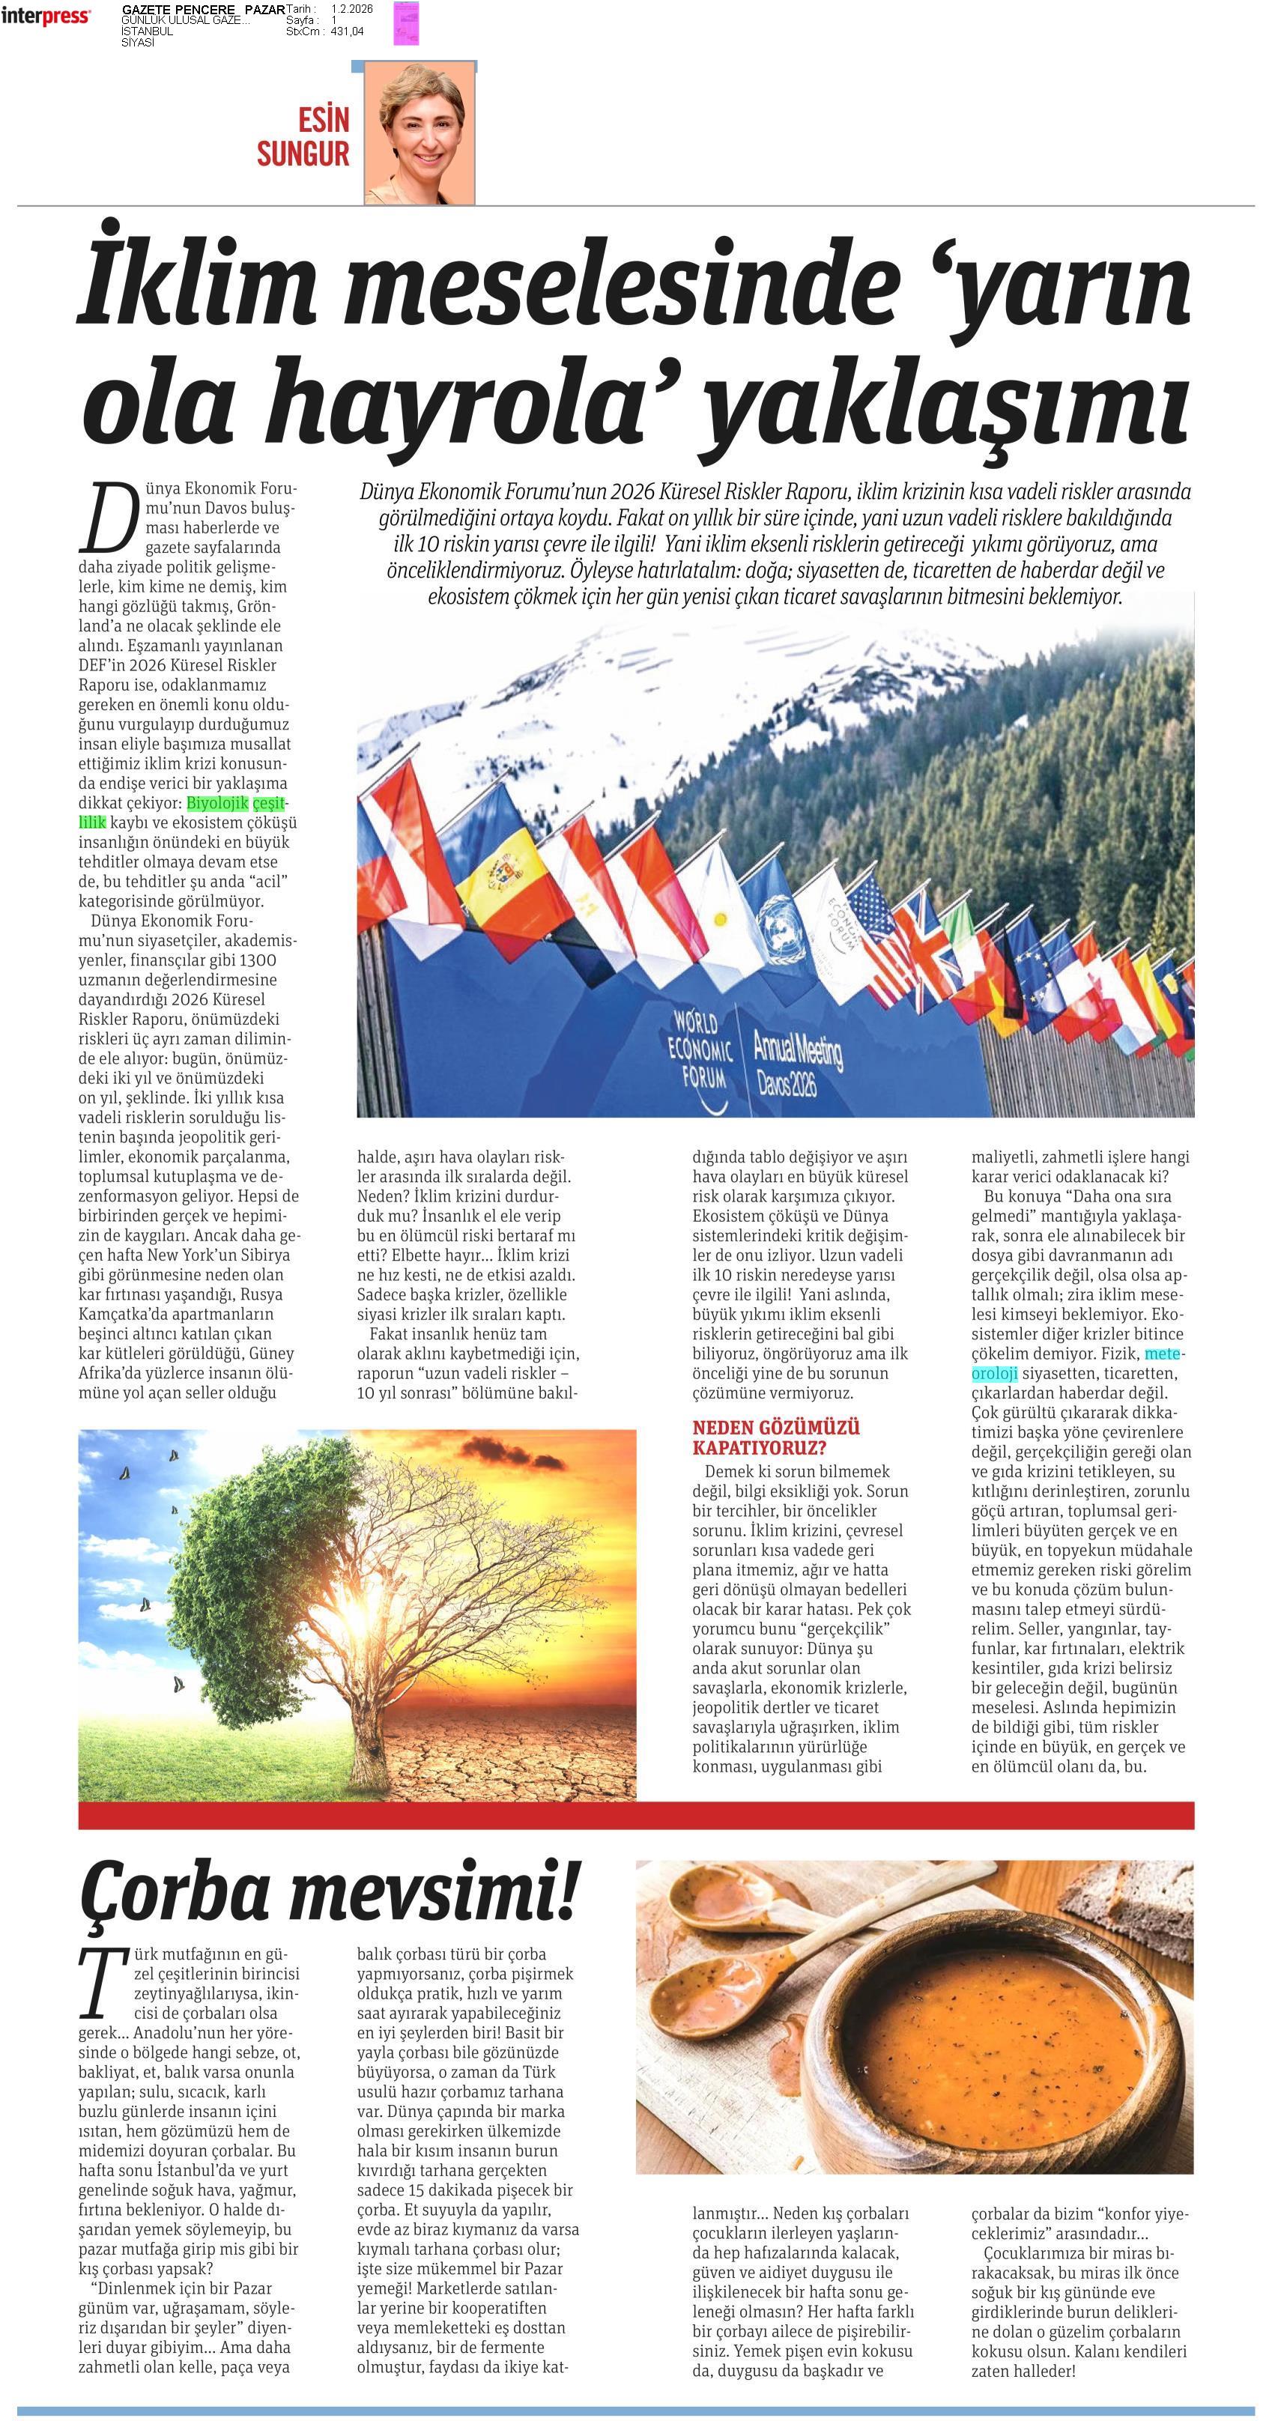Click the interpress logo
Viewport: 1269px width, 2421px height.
coord(45,16)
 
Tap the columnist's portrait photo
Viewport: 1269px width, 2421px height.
coord(420,134)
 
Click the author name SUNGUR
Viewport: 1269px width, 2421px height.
coord(303,154)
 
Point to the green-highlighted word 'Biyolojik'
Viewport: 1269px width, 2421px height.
coord(217,804)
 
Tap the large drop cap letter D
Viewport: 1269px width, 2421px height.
coord(107,517)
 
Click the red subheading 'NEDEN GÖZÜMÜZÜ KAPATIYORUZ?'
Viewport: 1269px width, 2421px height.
coord(775,1437)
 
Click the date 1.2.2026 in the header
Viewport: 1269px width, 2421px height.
coord(351,8)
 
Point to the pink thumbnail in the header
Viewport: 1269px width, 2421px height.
coord(406,22)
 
